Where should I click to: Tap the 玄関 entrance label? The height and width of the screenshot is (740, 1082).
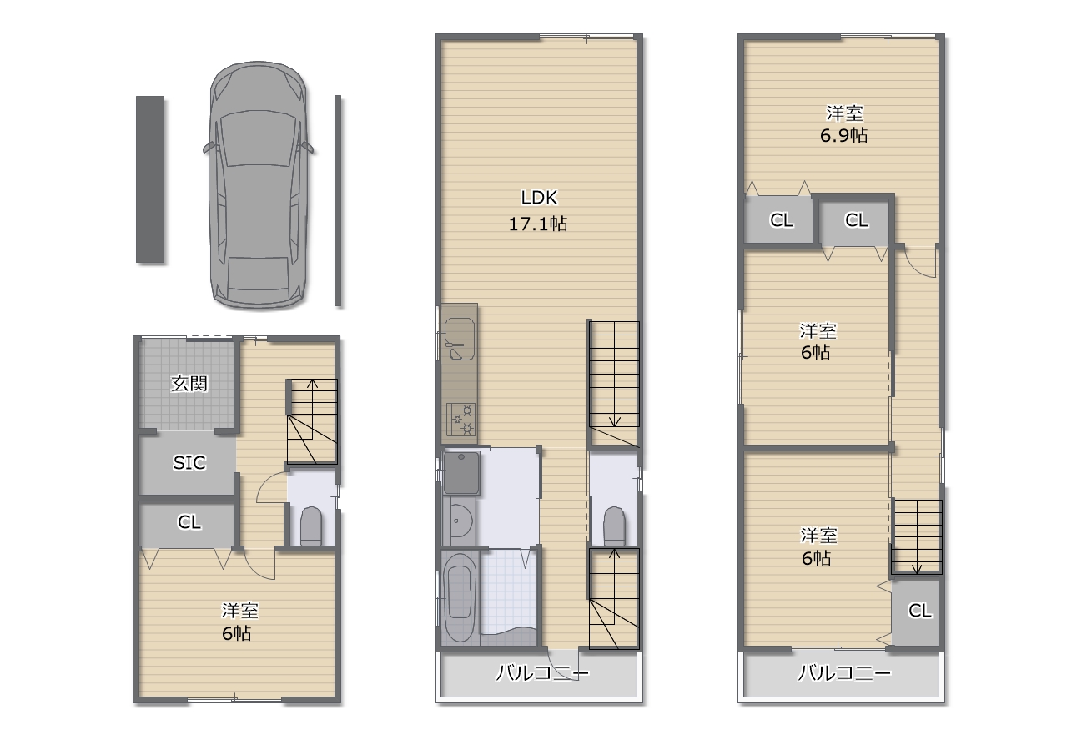[189, 384]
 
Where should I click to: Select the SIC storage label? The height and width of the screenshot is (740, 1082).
[189, 463]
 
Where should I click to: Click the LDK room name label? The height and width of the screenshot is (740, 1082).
[539, 197]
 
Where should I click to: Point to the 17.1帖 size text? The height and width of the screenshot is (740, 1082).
[538, 224]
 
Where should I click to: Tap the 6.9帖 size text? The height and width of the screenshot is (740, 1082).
[843, 135]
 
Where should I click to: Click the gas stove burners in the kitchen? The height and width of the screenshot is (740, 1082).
[460, 419]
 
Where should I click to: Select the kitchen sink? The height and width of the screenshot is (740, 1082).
[459, 339]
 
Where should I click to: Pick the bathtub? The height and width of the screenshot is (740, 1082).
[460, 597]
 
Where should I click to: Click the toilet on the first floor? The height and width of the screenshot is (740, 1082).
[310, 526]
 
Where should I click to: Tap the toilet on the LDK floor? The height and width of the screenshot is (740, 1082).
[614, 526]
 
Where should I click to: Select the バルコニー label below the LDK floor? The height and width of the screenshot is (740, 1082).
[543, 673]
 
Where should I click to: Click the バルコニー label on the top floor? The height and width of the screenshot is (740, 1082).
[844, 673]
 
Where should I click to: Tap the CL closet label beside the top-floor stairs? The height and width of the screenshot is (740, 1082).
[919, 611]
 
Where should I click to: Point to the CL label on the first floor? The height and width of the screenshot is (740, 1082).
[189, 522]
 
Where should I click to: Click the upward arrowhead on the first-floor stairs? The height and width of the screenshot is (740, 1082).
[313, 385]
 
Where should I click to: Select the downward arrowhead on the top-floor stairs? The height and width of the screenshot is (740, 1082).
[917, 569]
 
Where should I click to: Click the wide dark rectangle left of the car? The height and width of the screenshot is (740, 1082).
[150, 179]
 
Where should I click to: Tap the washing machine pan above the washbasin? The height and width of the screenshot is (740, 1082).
[461, 474]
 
